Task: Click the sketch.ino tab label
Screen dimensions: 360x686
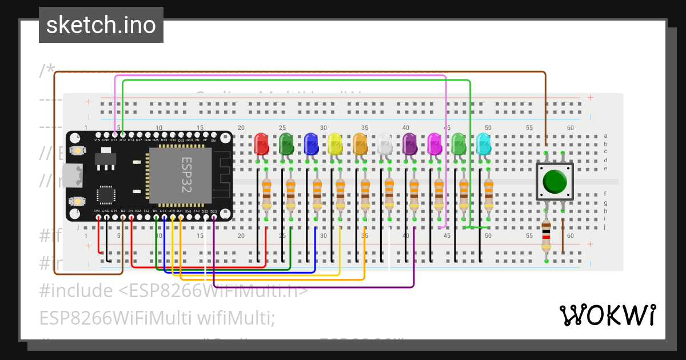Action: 101,25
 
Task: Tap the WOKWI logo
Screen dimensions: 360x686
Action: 607,315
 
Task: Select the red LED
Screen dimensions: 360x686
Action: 261,144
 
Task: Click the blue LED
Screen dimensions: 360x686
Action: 311,144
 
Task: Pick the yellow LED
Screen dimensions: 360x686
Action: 336,144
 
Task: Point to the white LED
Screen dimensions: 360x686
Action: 385,144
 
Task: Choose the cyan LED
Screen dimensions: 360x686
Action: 484,144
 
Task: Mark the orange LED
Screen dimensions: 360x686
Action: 360,144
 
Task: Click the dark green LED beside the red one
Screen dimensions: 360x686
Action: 286,144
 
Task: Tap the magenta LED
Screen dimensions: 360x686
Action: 434,144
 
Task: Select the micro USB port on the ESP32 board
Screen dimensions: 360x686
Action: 73,175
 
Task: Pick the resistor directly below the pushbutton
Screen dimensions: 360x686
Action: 547,237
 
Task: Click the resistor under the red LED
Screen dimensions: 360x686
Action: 266,194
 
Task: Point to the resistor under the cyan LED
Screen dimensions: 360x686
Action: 488,194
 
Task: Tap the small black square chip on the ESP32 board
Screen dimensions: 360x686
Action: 106,194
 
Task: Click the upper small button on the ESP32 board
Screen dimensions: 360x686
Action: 77,150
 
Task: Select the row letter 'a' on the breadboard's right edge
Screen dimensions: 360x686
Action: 605,136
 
